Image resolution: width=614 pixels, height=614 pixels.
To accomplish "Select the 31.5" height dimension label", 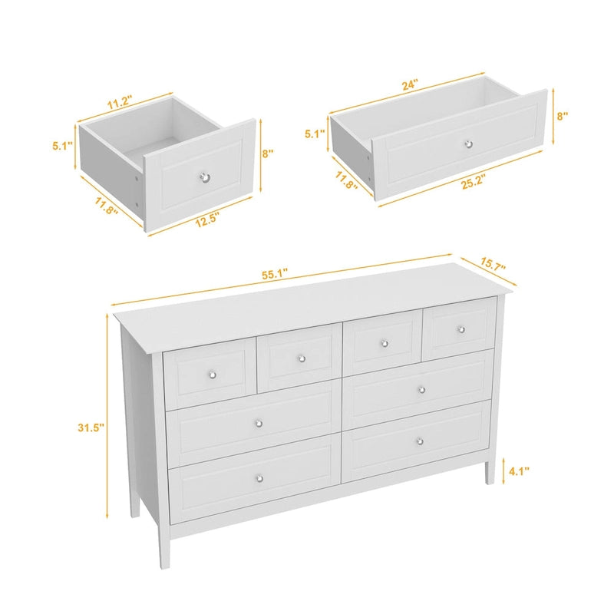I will tap(90, 428).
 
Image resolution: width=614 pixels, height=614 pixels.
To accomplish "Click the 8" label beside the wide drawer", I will tap(563, 117).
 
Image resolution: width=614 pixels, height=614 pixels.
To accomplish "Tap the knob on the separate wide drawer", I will tap(468, 144).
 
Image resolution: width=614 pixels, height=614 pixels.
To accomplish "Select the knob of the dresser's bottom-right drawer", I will tap(418, 441).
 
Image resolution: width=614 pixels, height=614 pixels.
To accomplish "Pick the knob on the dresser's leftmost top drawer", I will tap(213, 374).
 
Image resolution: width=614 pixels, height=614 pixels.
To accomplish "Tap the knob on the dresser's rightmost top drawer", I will tap(461, 329).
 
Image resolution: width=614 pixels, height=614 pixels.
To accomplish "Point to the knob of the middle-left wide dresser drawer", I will tap(259, 424).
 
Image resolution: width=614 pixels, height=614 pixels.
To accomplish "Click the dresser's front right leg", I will tap(489, 469).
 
